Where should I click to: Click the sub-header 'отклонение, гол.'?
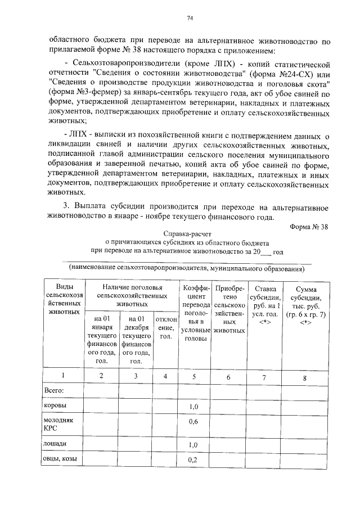[x=165, y=328]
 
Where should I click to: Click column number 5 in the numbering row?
[x=193, y=377]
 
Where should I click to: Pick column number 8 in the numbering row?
[x=304, y=378]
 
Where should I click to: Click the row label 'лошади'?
[x=55, y=444]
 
